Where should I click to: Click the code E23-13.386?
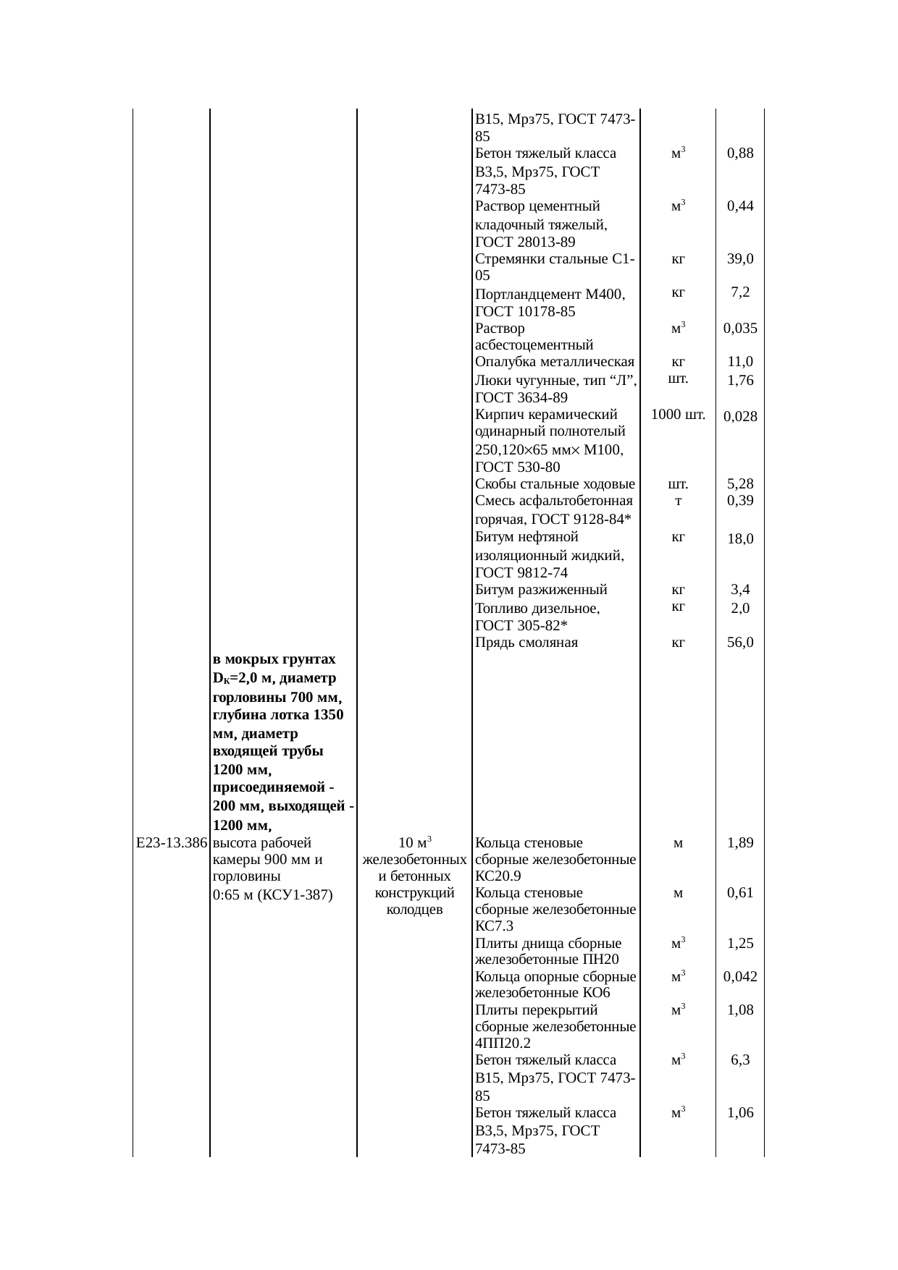tap(172, 843)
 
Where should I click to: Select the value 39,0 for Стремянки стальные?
tap(740, 258)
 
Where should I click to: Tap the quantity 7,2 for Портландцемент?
tap(740, 292)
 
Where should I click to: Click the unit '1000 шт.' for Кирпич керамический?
tap(678, 415)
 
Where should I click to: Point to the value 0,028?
tap(740, 416)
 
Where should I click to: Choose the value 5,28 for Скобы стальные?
tap(740, 483)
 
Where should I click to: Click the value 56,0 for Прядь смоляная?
tap(740, 642)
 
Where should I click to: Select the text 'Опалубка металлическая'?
tap(555, 362)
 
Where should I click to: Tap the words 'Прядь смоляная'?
tap(526, 642)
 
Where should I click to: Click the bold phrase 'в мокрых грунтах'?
tap(274, 659)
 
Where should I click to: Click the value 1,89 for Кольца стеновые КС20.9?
tap(740, 842)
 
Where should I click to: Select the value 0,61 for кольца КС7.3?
tap(740, 892)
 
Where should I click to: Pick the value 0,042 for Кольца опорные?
tap(740, 976)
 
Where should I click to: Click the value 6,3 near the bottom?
tap(740, 1059)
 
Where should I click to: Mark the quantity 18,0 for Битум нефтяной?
tap(740, 538)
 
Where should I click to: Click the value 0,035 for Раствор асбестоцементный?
tap(740, 328)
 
